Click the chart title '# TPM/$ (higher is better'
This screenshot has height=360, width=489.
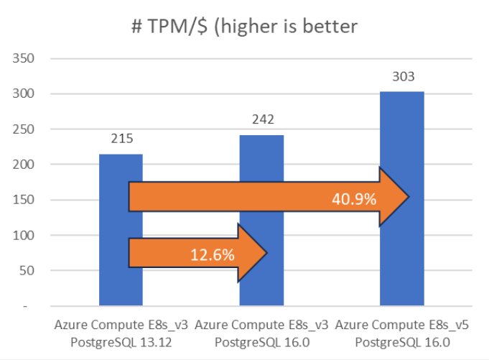[x=244, y=27]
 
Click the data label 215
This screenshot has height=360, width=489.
[x=121, y=139]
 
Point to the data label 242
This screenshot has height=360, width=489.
[x=261, y=120]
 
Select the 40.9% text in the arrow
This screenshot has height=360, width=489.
[x=354, y=198]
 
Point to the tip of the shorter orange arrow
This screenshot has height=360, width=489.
[x=266, y=252]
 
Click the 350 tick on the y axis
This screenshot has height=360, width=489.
[x=27, y=58]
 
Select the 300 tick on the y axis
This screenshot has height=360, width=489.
[x=27, y=93]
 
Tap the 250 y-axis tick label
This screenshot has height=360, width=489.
[x=27, y=129]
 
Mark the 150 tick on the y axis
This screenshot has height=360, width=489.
[x=27, y=200]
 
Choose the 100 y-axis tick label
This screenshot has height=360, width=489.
[x=27, y=235]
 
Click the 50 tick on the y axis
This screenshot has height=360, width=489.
[x=29, y=271]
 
